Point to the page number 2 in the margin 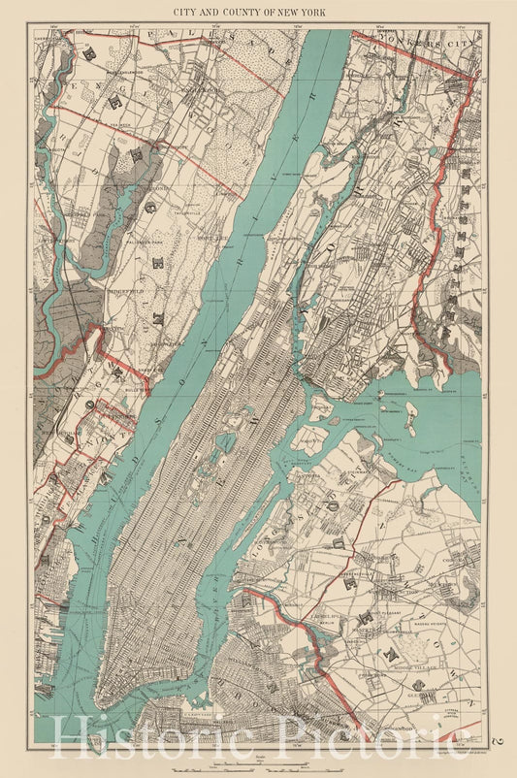499,741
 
